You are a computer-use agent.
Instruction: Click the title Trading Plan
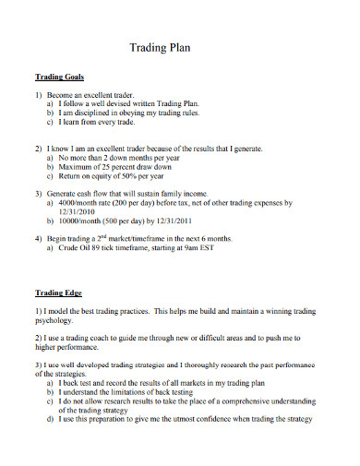[179, 49]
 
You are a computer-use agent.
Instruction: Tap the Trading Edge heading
[59, 293]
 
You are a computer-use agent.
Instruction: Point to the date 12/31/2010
[78, 209]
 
